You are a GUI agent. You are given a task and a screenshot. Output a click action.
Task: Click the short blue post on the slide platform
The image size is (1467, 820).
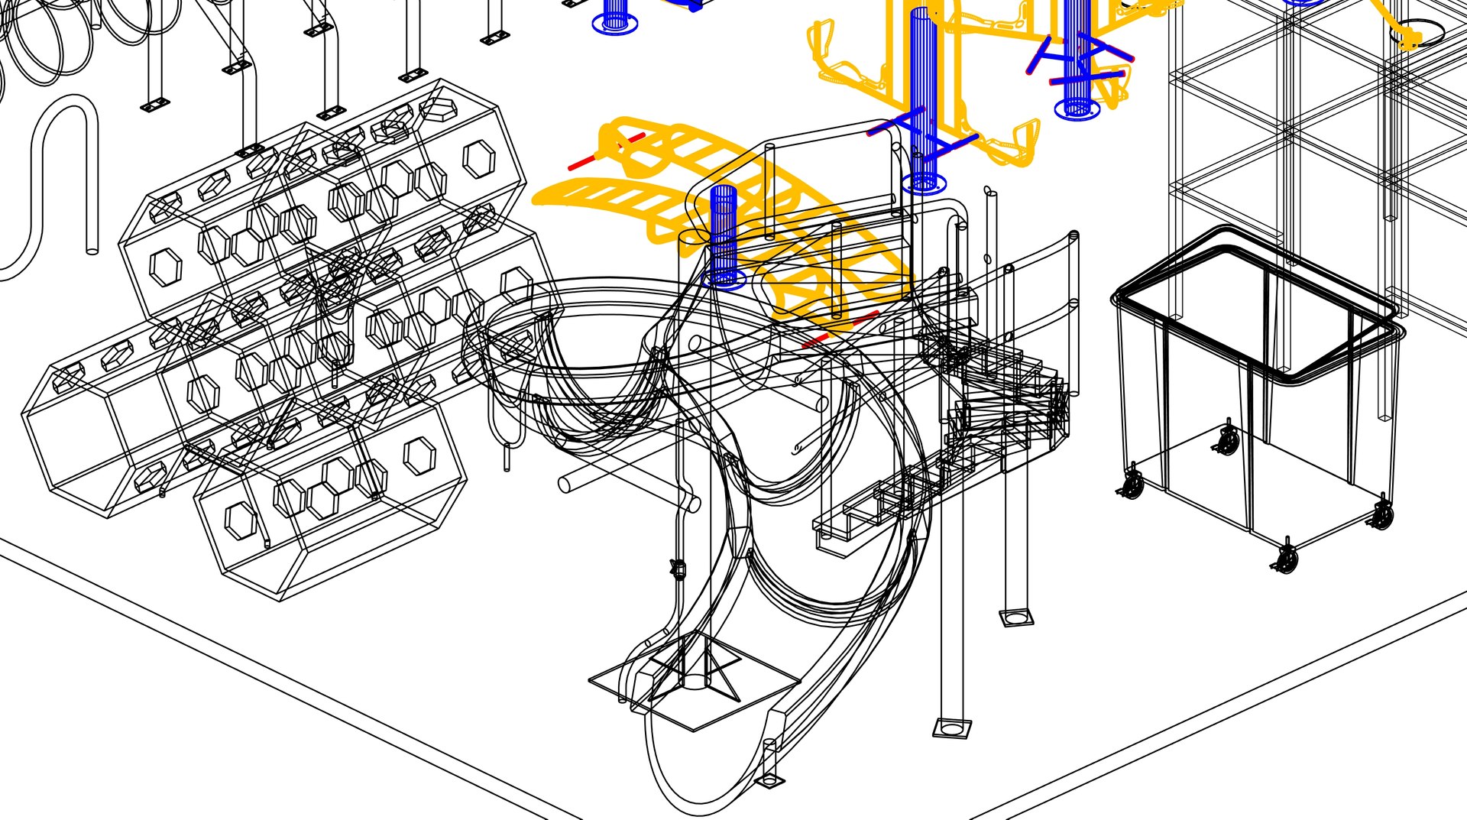coord(723,233)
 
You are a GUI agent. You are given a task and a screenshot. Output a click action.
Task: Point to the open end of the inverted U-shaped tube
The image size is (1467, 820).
coord(92,249)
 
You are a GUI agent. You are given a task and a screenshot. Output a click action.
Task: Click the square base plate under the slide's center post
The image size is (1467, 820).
coord(694,680)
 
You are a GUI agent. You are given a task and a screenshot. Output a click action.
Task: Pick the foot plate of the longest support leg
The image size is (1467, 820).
coord(950,728)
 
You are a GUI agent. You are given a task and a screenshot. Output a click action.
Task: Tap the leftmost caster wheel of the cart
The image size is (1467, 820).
coord(1132,485)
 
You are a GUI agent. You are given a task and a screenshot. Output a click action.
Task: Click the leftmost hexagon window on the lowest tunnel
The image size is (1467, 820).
coord(241,520)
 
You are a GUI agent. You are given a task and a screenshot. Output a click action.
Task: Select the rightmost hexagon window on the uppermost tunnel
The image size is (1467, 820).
coord(478,160)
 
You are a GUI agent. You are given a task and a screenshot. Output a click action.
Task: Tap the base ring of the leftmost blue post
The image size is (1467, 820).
coord(614,24)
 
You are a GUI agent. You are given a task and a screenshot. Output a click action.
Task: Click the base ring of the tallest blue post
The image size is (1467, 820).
coord(924,183)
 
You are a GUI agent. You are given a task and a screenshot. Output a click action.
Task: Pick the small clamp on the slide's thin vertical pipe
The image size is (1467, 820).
coord(677,568)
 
